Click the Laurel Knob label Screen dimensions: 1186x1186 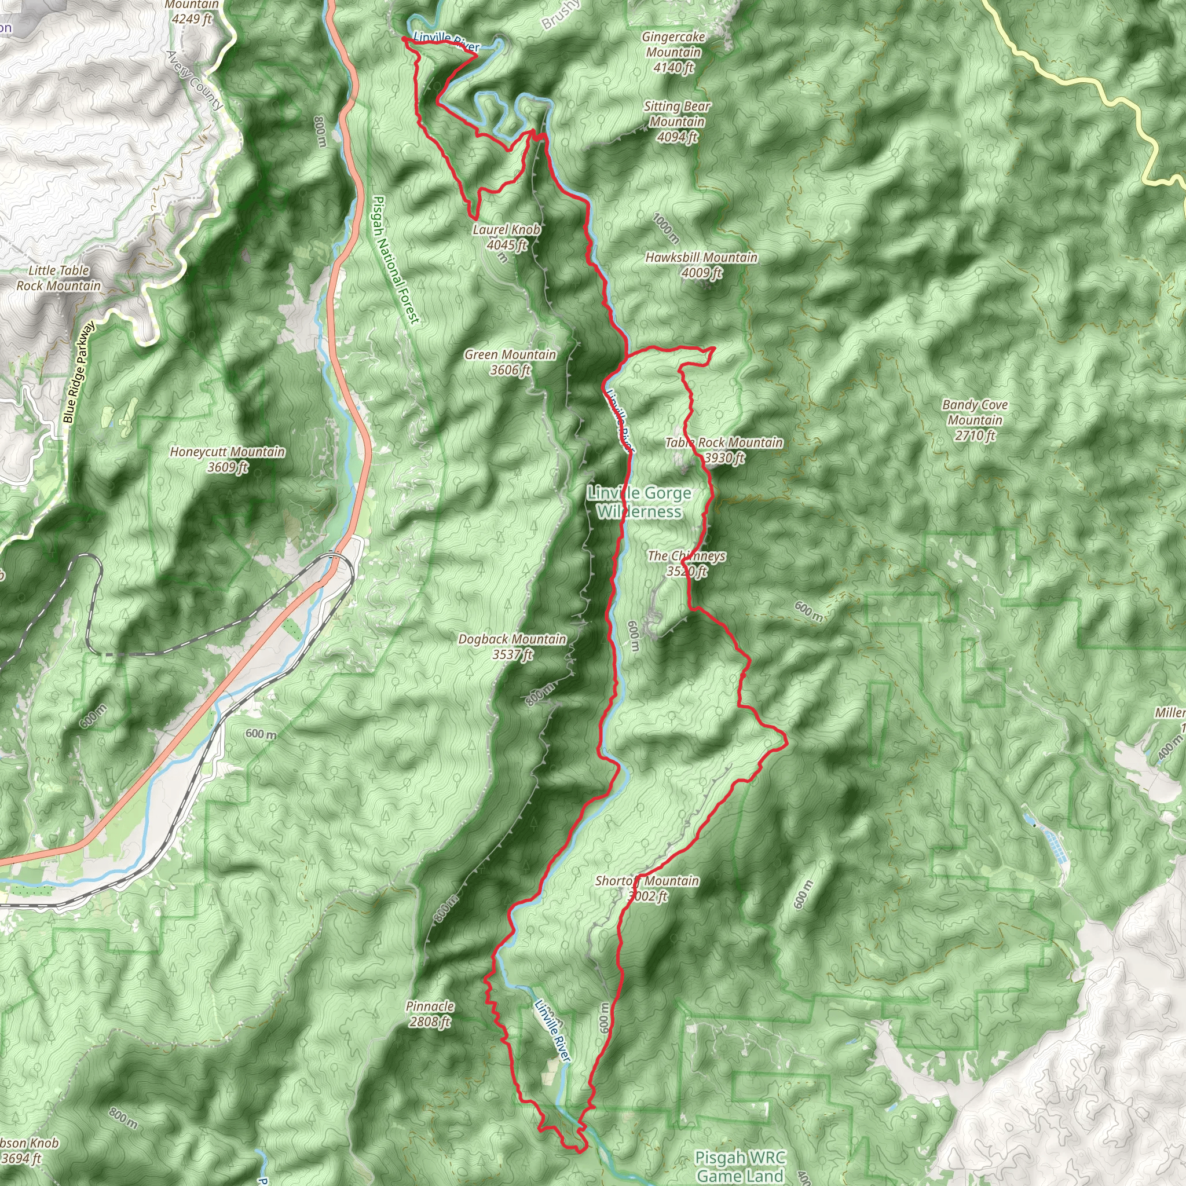507,229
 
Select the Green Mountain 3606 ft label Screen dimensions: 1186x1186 510,362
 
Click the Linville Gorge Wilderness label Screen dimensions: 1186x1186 639,502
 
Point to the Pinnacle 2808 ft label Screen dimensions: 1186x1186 430,1014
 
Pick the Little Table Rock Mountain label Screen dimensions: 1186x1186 59,278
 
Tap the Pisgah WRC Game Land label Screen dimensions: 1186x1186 740,1166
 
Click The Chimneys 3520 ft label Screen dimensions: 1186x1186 687,563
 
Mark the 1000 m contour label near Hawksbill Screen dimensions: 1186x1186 666,228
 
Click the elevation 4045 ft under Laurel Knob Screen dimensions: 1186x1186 507,245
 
